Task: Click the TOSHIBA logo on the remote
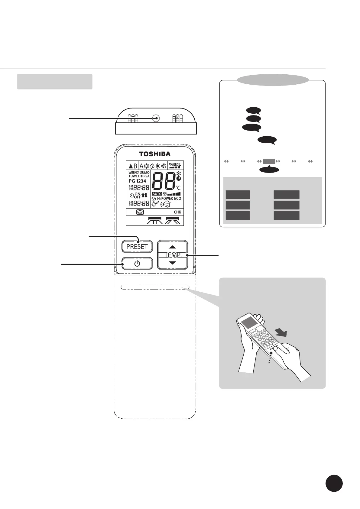coord(155,154)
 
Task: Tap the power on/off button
coord(137,264)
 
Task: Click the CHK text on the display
coord(177,212)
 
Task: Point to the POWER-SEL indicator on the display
coord(175,165)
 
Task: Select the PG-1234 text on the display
coord(138,181)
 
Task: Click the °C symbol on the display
coord(178,188)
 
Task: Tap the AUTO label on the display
coord(157,194)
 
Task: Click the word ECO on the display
coord(178,199)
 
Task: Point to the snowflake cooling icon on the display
coord(146,166)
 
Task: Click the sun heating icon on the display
coord(158,166)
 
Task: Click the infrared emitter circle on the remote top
coord(156,118)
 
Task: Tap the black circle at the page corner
coord(334,484)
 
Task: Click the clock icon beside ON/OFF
coord(131,195)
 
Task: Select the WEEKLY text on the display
coord(134,173)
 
